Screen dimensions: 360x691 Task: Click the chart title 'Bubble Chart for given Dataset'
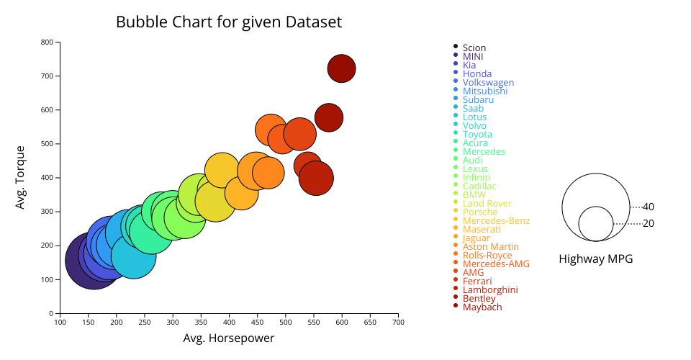pyautogui.click(x=228, y=22)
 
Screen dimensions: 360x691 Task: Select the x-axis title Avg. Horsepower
pyautogui.click(x=228, y=338)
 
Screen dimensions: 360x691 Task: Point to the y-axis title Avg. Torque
pyautogui.click(x=21, y=178)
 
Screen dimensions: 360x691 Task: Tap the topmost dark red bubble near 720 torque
pyautogui.click(x=342, y=68)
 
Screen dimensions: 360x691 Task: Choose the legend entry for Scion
pyautogui.click(x=474, y=48)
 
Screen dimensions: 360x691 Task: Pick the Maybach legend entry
pyautogui.click(x=482, y=307)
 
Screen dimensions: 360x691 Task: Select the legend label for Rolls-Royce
pyautogui.click(x=487, y=256)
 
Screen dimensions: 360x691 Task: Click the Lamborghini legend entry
pyautogui.click(x=490, y=289)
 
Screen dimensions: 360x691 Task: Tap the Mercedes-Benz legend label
pyautogui.click(x=496, y=220)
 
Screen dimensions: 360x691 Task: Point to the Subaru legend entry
pyautogui.click(x=478, y=99)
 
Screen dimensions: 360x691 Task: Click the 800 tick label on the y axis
pyautogui.click(x=47, y=42)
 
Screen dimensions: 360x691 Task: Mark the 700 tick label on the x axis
pyautogui.click(x=398, y=322)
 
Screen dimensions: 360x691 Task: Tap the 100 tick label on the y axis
pyautogui.click(x=47, y=279)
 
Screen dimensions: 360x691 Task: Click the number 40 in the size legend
pyautogui.click(x=649, y=207)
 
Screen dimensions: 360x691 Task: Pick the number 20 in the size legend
pyautogui.click(x=649, y=224)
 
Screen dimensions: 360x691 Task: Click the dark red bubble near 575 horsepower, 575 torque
pyautogui.click(x=328, y=117)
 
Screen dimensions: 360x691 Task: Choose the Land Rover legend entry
pyautogui.click(x=487, y=203)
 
